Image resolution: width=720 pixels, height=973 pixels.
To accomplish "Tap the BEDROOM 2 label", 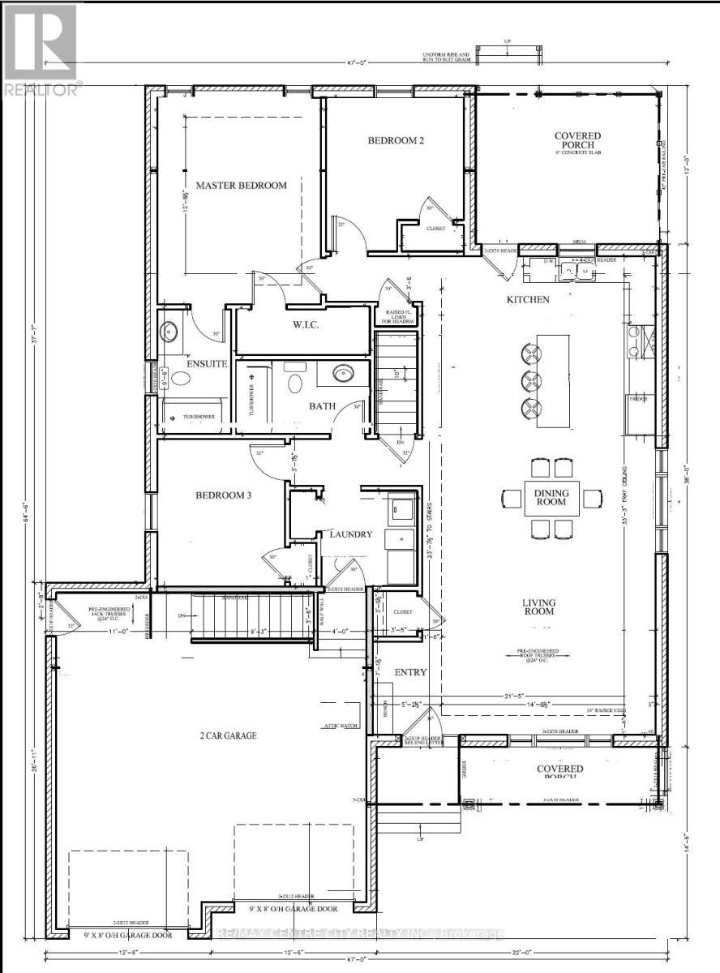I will click(x=396, y=140).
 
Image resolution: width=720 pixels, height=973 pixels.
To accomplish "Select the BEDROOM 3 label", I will click(x=224, y=495).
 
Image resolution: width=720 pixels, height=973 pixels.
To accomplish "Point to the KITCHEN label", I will click(x=528, y=300).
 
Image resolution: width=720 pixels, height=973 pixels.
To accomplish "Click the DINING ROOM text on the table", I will click(x=551, y=498).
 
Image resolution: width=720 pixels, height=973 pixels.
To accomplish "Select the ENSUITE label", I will click(x=206, y=364).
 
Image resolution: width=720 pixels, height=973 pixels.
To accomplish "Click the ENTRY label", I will click(x=410, y=673).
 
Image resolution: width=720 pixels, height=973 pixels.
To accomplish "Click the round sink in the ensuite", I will click(x=169, y=331).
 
